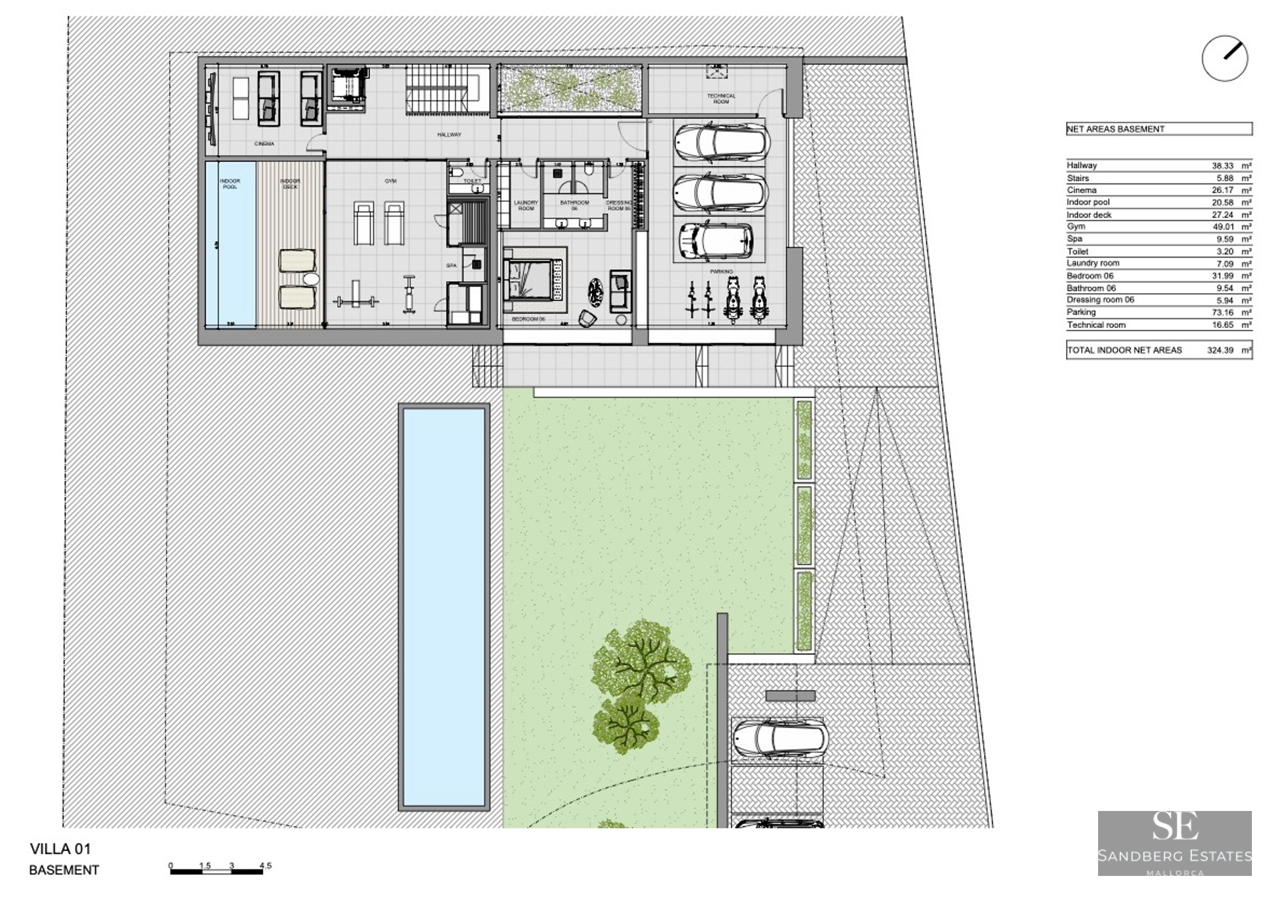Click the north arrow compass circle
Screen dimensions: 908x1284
1224,59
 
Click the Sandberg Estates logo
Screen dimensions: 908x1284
1174,843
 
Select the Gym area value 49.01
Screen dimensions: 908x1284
1222,227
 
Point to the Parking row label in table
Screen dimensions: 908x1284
1081,312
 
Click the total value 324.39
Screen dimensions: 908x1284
1220,350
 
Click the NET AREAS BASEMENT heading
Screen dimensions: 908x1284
1115,129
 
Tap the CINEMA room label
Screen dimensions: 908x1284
264,144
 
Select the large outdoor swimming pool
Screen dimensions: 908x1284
444,606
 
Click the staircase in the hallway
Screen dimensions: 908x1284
441,91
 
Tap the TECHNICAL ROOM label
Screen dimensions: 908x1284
721,98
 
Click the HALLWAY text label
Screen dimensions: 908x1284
449,134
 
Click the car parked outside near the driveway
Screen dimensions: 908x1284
780,739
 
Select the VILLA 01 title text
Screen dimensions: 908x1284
60,849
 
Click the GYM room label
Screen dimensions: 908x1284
391,181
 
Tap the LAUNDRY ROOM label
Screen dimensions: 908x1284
526,205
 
